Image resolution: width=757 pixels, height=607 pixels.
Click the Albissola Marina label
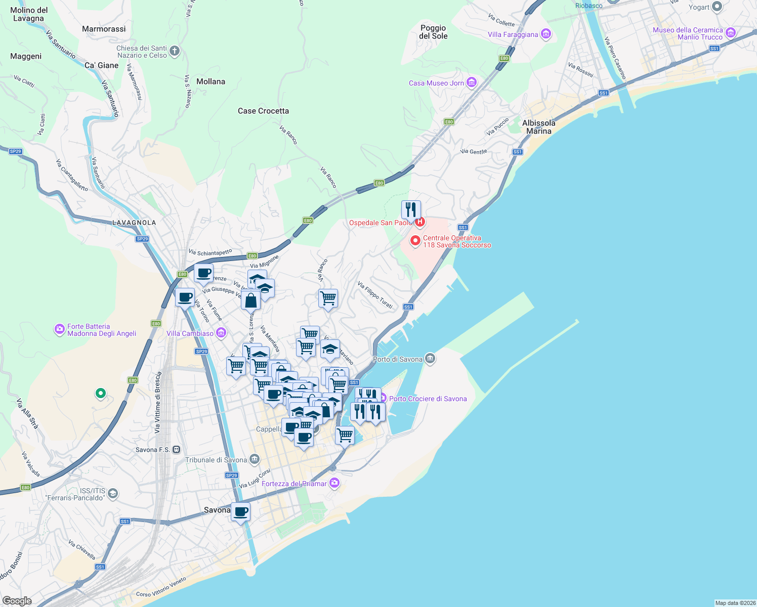pyautogui.click(x=538, y=127)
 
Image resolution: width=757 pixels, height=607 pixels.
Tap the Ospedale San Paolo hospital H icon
pyautogui.click(x=419, y=222)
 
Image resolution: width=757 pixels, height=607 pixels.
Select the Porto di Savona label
pyautogui.click(x=398, y=359)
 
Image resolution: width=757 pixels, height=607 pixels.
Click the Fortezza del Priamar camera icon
pyautogui.click(x=334, y=483)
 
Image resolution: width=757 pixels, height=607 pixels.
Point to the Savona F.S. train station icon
pyautogui.click(x=176, y=449)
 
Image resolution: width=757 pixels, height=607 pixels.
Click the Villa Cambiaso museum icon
pyautogui.click(x=221, y=333)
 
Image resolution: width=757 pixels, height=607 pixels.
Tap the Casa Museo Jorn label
pyautogui.click(x=436, y=83)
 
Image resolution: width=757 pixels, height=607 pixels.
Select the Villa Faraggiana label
pyautogui.click(x=513, y=34)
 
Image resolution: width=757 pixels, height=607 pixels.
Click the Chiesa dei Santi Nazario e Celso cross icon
pyautogui.click(x=175, y=51)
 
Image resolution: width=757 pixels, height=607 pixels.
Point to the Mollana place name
pyautogui.click(x=211, y=81)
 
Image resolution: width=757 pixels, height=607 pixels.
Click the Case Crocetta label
pyautogui.click(x=263, y=111)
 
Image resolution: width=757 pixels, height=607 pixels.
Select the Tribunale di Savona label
pyautogui.click(x=216, y=460)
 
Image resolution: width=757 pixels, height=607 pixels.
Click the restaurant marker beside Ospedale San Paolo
pyautogui.click(x=411, y=209)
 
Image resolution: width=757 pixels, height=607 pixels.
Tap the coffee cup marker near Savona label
pyautogui.click(x=241, y=512)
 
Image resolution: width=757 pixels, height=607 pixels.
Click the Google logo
pyautogui.click(x=17, y=600)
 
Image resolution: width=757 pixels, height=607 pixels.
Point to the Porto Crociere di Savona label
pyautogui.click(x=428, y=399)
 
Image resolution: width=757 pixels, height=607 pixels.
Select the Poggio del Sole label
pyautogui.click(x=433, y=32)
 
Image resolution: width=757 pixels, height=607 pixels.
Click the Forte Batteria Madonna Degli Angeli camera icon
pyautogui.click(x=60, y=330)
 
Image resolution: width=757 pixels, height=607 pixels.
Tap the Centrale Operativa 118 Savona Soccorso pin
pyautogui.click(x=415, y=241)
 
